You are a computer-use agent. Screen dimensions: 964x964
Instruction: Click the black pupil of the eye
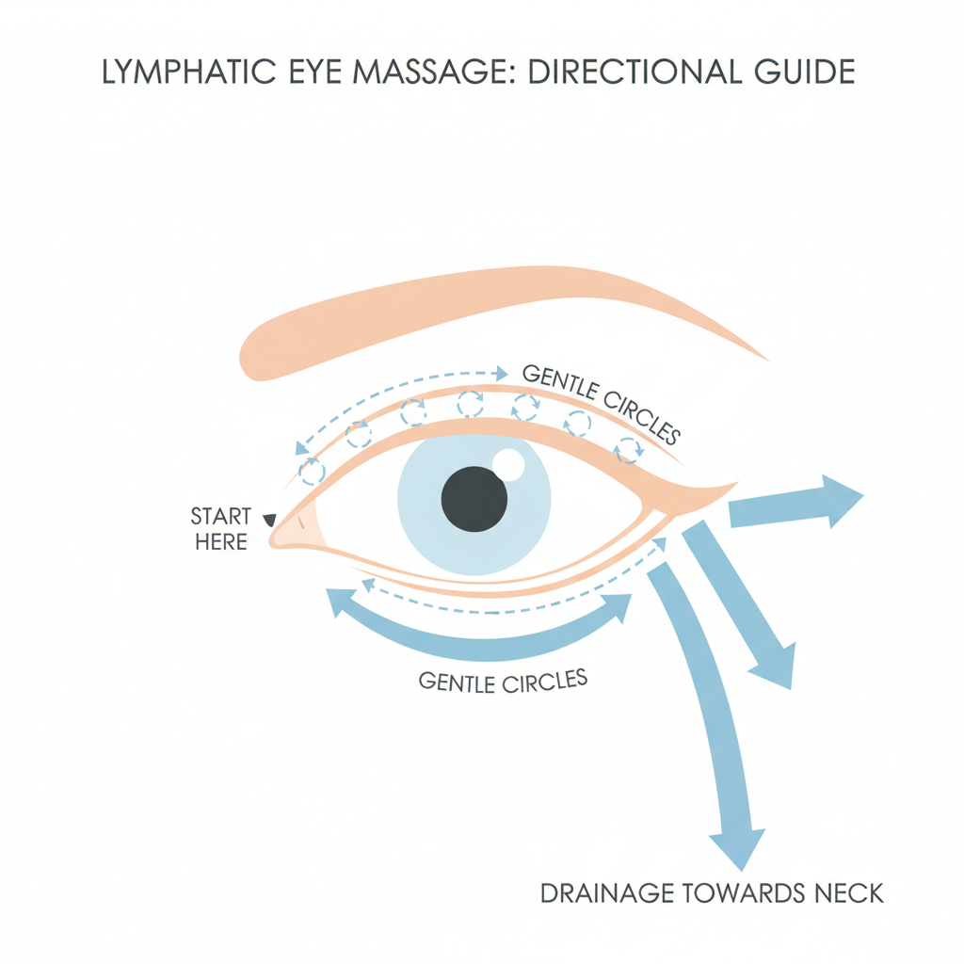[474, 499]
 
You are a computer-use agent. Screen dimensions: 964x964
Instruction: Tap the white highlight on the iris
[509, 463]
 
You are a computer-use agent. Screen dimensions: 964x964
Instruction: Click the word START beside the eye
[221, 517]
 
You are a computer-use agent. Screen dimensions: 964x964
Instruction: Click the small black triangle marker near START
[269, 519]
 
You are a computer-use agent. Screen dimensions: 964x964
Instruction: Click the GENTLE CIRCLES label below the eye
[503, 679]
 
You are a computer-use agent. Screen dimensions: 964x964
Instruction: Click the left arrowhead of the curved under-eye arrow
[338, 603]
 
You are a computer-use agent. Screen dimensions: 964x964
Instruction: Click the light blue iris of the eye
[424, 527]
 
